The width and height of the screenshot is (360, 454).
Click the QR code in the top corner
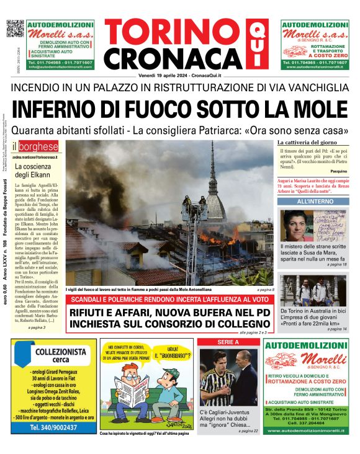(14, 29)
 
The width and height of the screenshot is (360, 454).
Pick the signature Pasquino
(338, 170)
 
